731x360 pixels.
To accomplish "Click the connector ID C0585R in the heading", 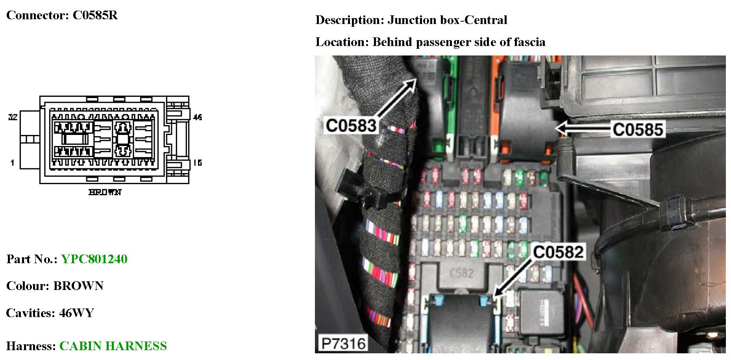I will pyautogui.click(x=95, y=15).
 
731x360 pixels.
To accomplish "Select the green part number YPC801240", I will pyautogui.click(x=94, y=259).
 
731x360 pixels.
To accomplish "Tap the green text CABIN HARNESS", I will pyautogui.click(x=113, y=346).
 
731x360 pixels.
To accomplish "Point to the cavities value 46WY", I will pyautogui.click(x=76, y=313).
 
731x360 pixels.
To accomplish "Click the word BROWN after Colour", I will pyautogui.click(x=78, y=286).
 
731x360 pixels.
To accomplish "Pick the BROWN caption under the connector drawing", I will pyautogui.click(x=105, y=192).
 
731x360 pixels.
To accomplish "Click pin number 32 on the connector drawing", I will pyautogui.click(x=13, y=117).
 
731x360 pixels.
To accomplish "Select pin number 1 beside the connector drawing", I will pyautogui.click(x=13, y=162).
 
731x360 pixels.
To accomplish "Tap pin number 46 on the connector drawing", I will pyautogui.click(x=198, y=117).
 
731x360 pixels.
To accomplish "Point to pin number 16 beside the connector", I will pyautogui.click(x=198, y=162).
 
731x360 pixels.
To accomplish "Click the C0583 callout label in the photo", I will pyautogui.click(x=351, y=126).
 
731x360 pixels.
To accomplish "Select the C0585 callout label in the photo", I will pyautogui.click(x=638, y=129).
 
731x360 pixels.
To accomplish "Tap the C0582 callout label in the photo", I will pyautogui.click(x=558, y=252).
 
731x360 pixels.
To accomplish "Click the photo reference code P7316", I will pyautogui.click(x=343, y=343).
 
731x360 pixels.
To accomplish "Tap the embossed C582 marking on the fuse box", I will pyautogui.click(x=461, y=273).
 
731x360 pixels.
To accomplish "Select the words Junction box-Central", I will pyautogui.click(x=447, y=20).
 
